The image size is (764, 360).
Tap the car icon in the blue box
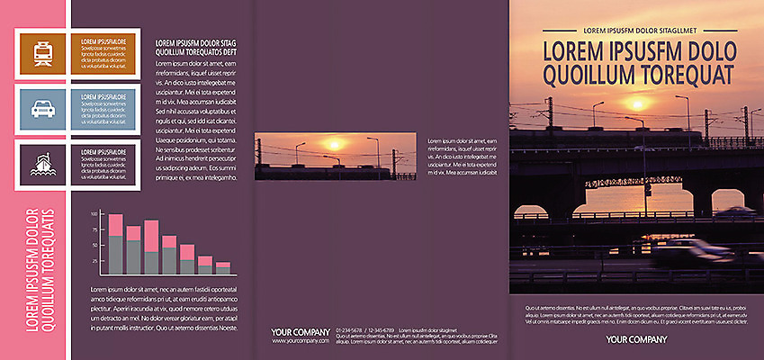tap(42, 108)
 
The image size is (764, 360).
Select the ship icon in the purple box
tap(42, 164)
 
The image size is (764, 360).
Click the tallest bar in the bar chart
tap(115, 243)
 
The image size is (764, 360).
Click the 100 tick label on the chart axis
tap(94, 215)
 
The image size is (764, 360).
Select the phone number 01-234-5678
tap(348, 331)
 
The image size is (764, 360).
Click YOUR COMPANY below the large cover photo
tap(636, 339)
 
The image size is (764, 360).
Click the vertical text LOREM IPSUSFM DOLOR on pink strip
tap(32, 270)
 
